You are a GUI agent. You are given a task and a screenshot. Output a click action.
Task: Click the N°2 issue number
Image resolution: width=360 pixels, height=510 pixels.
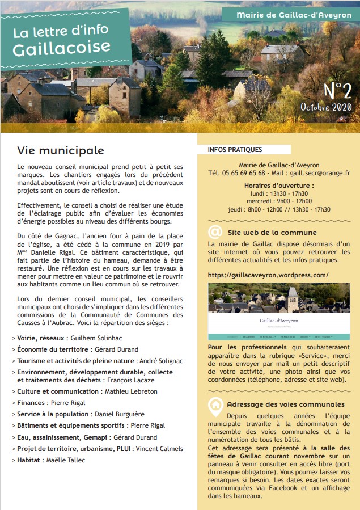pos(337,90)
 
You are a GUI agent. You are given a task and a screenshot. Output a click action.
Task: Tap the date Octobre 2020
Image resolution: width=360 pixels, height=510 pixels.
pos(326,107)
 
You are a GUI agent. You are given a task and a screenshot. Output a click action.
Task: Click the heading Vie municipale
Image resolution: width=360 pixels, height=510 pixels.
pos(60,150)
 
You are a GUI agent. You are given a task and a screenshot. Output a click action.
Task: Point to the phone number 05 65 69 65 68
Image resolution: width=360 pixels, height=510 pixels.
pos(243,173)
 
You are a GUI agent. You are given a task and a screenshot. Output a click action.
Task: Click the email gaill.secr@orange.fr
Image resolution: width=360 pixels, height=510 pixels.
pos(322,173)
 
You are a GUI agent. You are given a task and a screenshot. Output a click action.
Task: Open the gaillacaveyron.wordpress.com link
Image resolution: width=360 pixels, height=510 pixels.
pos(268,275)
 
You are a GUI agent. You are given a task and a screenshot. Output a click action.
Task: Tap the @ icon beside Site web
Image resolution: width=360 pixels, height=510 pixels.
pos(215,232)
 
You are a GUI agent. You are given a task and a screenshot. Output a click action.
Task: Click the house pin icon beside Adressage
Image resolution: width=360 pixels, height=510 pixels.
pos(215,404)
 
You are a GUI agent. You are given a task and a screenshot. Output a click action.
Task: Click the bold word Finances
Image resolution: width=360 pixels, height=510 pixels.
pos(33,403)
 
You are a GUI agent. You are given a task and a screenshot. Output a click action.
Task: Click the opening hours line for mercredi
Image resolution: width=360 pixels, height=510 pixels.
pos(279,201)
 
